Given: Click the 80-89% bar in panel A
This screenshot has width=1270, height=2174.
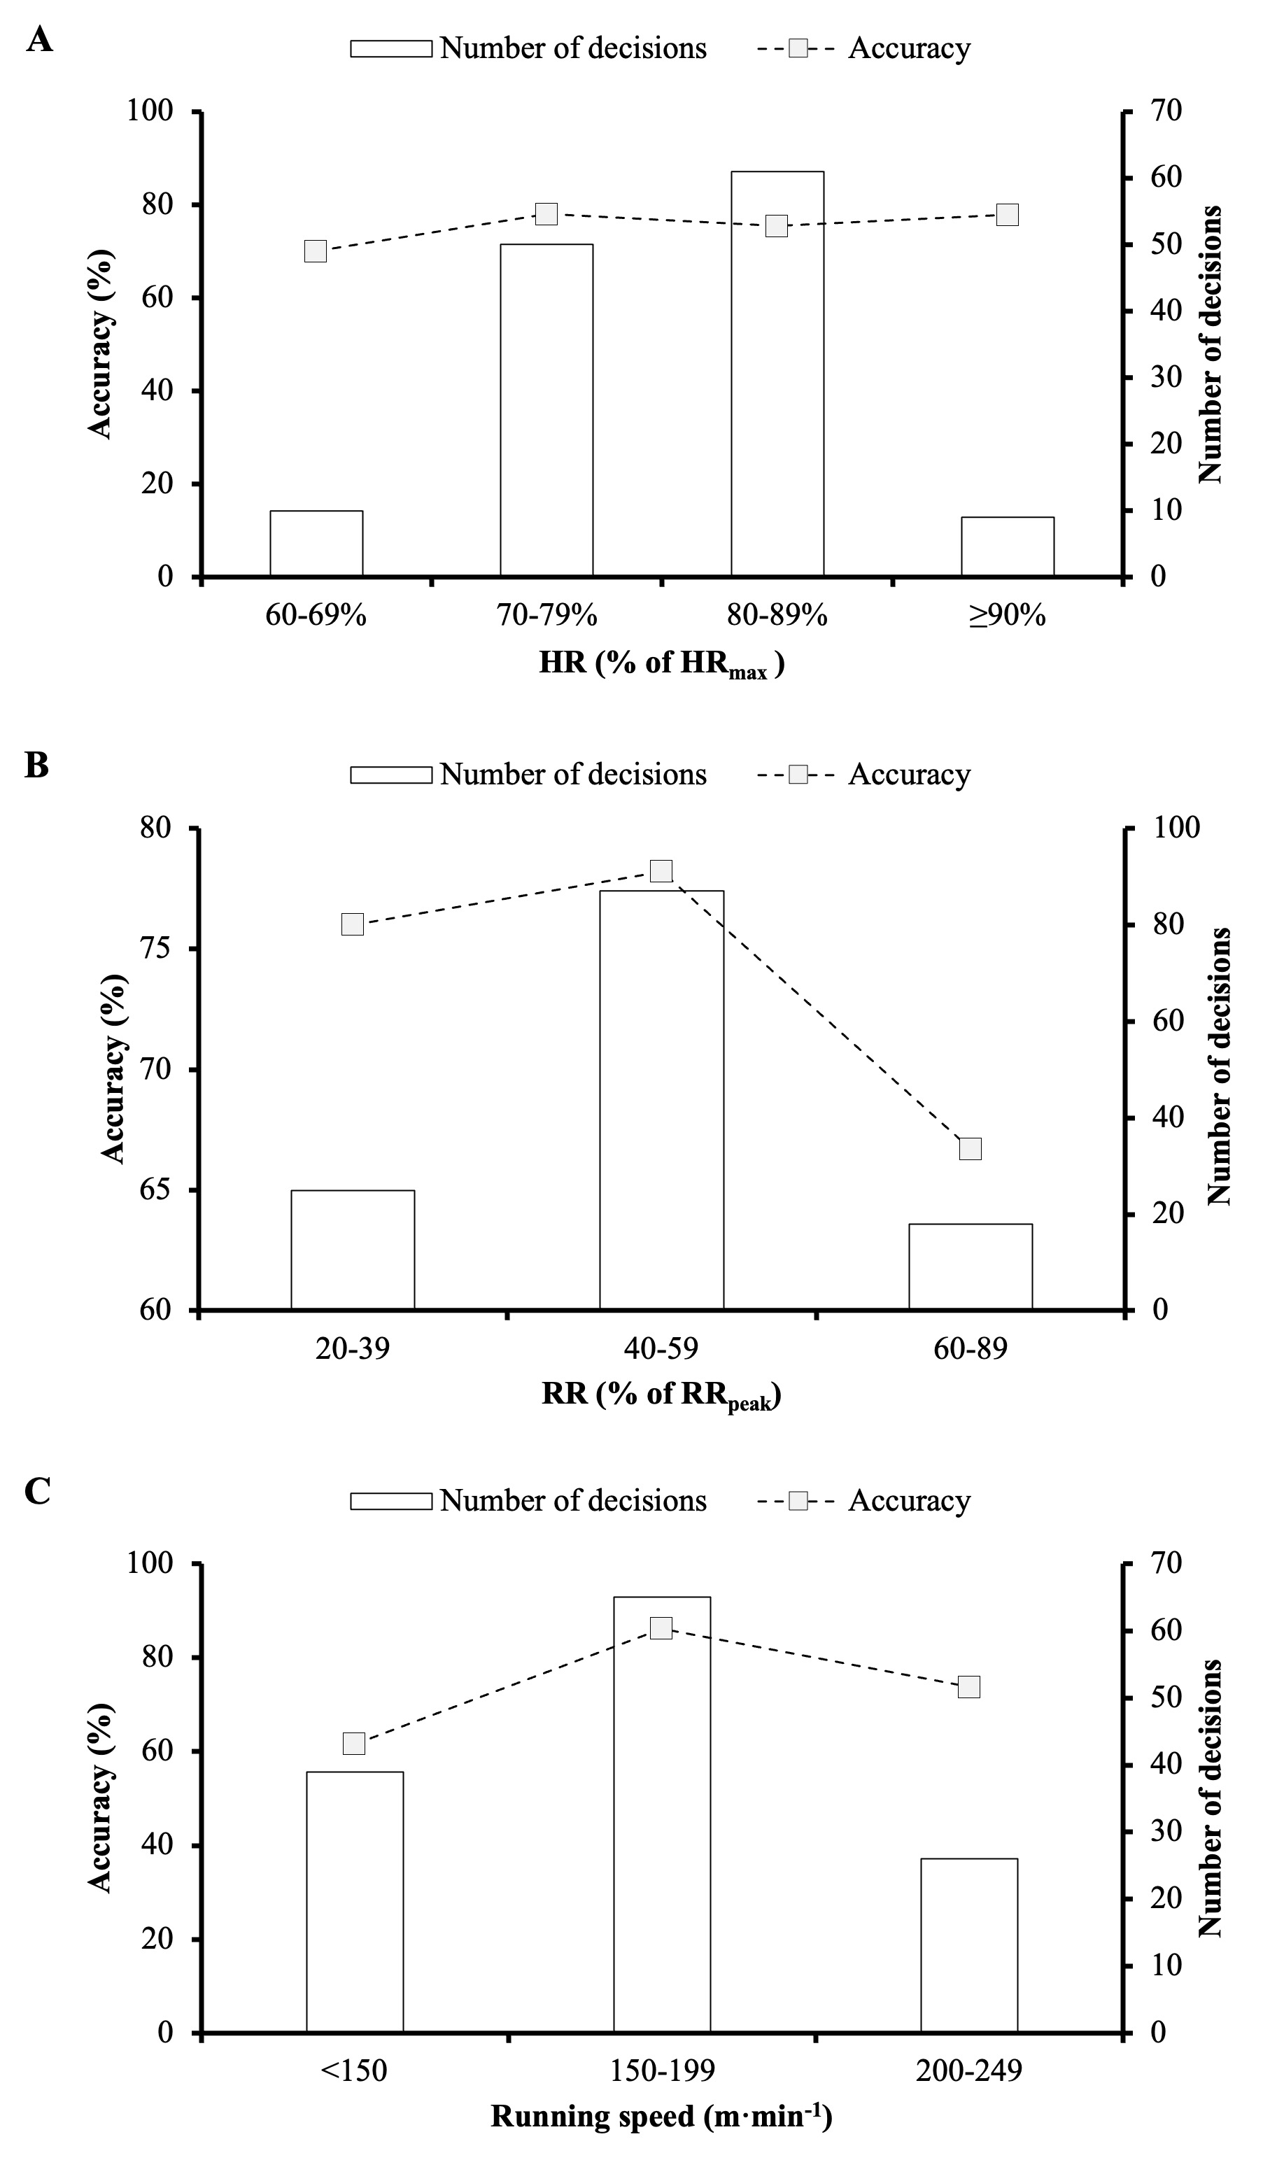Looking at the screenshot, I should (x=777, y=373).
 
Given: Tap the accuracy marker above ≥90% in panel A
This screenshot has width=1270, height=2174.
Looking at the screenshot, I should (x=1007, y=215).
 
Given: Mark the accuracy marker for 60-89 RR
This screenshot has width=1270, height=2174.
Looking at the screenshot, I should (x=970, y=1148).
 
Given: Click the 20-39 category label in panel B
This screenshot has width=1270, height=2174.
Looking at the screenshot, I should (x=352, y=1348).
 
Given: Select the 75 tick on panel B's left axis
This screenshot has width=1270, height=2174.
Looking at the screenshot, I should (x=155, y=948).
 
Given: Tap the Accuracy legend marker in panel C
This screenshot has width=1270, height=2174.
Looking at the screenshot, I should (x=798, y=1501).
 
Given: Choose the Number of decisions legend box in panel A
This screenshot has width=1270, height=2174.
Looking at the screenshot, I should (x=391, y=48).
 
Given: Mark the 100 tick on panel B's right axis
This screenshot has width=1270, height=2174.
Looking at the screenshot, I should (x=1177, y=827).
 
